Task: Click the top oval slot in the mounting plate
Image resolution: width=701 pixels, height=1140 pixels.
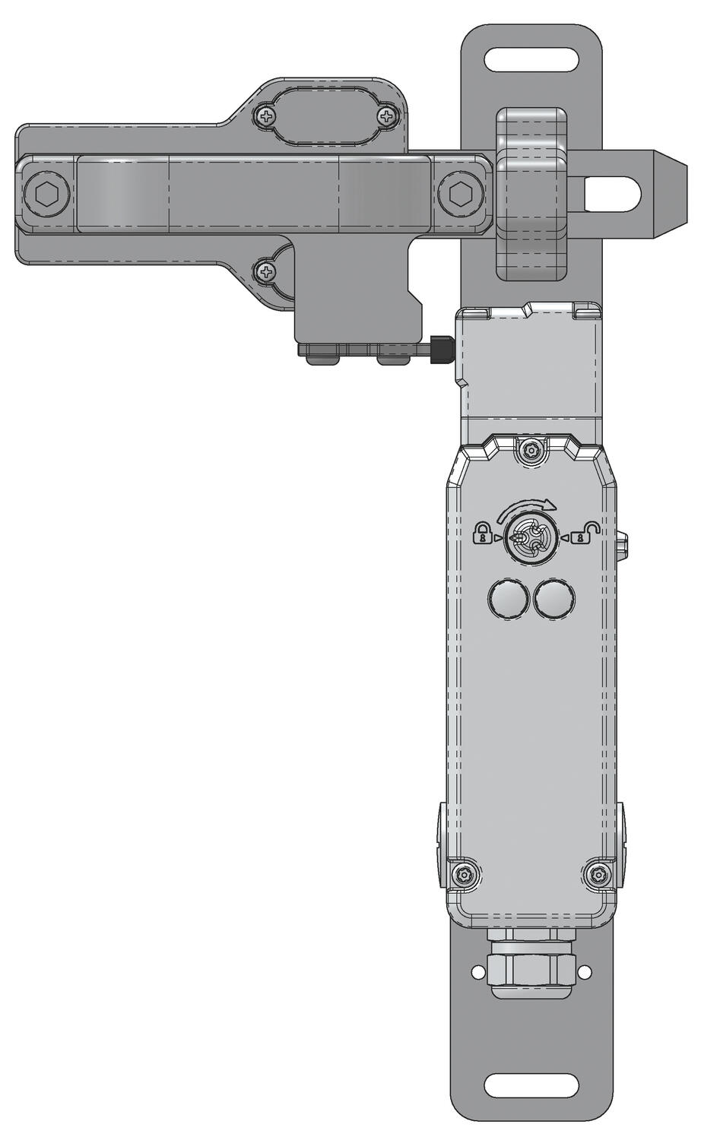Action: pyautogui.click(x=531, y=58)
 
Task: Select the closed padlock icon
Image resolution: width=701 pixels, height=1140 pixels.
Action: pyautogui.click(x=482, y=534)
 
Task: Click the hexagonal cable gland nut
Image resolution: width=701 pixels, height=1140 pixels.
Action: pyautogui.click(x=531, y=966)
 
